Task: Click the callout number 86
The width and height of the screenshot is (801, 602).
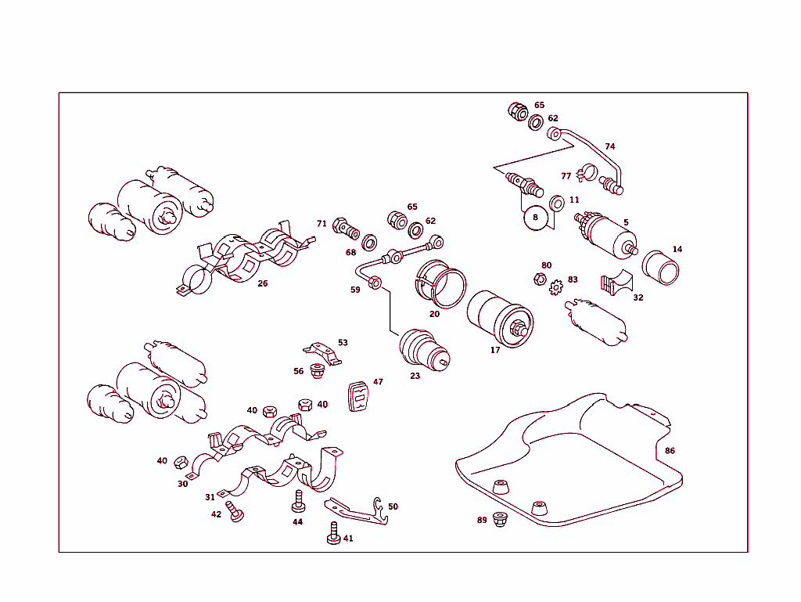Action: (x=670, y=451)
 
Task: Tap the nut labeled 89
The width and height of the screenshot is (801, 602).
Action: (x=501, y=519)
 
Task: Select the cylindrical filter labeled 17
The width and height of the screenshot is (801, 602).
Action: (x=501, y=319)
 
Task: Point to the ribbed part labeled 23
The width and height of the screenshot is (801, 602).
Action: (x=422, y=349)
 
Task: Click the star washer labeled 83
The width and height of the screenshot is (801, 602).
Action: (x=557, y=287)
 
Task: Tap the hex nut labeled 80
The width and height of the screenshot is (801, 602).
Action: (x=539, y=278)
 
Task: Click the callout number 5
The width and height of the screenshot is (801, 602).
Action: (x=626, y=222)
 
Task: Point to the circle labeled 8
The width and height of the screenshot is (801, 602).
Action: (x=535, y=217)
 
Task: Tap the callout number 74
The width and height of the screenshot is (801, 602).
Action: (x=610, y=146)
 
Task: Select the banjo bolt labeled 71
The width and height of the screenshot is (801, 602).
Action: (x=345, y=228)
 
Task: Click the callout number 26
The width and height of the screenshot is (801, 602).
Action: (x=263, y=283)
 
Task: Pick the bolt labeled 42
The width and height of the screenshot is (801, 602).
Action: (x=235, y=511)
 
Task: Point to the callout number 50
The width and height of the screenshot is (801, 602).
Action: (x=393, y=506)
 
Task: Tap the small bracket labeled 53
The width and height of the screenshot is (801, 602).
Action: (x=323, y=351)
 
